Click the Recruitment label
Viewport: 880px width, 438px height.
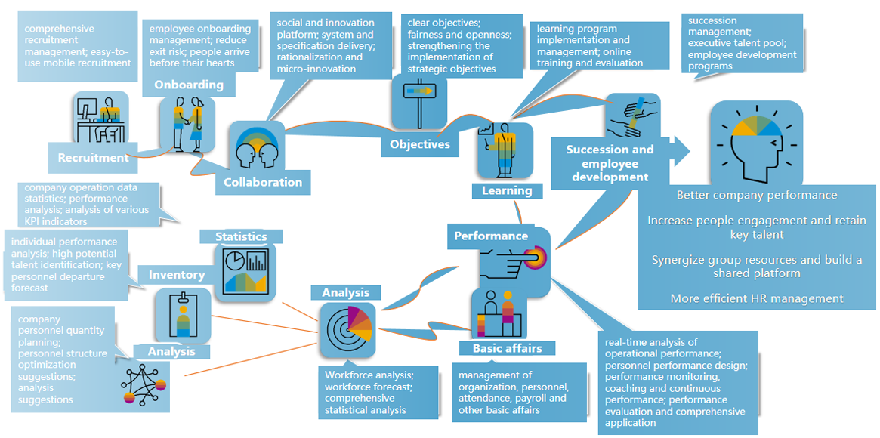94,158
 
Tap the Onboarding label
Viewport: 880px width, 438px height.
189,85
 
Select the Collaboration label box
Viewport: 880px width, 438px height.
263,182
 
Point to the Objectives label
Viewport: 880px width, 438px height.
420,143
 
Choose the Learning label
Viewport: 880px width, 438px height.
507,191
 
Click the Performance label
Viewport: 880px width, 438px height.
491,236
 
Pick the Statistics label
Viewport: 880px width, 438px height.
241,236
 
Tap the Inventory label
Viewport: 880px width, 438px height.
176,275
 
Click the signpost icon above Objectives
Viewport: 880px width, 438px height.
420,102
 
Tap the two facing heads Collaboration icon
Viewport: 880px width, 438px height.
258,147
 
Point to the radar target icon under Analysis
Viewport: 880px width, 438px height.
347,329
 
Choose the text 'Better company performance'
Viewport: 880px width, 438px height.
757,195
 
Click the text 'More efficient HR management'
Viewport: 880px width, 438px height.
757,298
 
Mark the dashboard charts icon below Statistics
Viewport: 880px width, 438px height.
245,270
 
